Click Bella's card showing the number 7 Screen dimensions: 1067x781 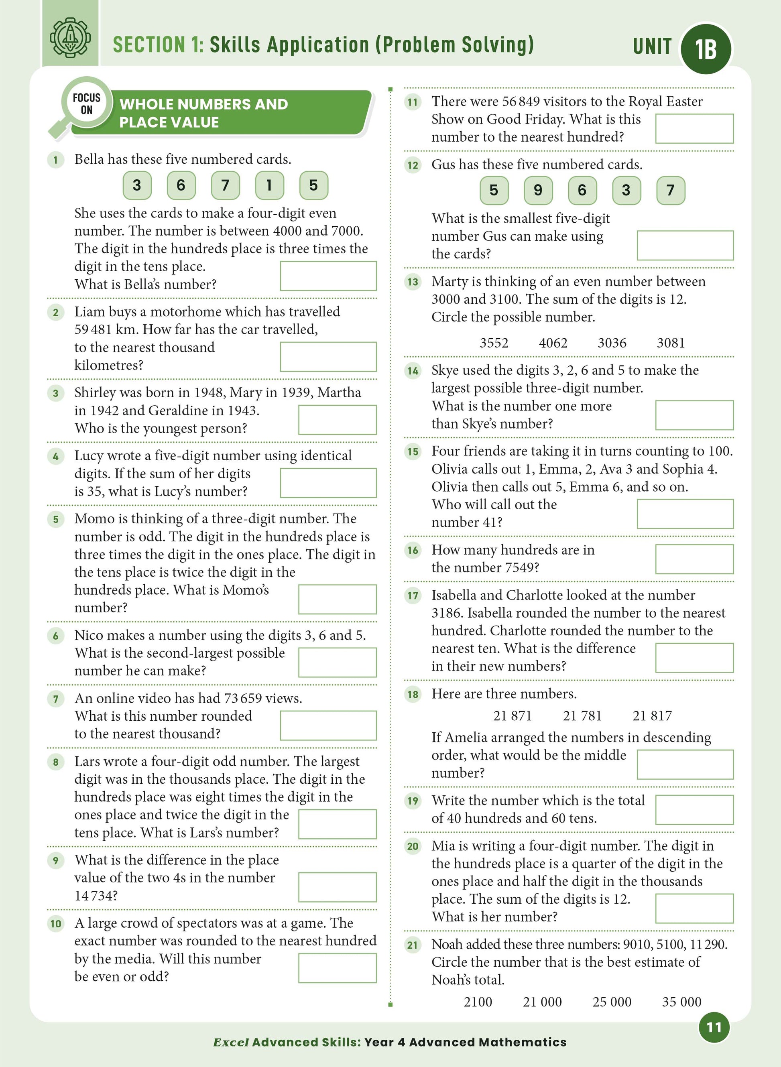tap(225, 185)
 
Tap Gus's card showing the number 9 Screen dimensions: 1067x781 tap(538, 190)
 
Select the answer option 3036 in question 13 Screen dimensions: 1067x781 tap(612, 343)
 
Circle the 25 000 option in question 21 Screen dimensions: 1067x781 tap(612, 1002)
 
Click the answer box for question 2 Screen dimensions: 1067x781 tap(328, 357)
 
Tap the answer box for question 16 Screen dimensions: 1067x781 tap(694, 559)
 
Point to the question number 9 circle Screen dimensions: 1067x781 tap(56, 860)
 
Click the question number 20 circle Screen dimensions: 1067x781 tap(413, 846)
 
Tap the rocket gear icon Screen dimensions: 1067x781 tap(71, 38)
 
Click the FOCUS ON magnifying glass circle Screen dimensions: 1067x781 tap(87, 103)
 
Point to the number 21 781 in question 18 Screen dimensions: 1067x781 tap(582, 716)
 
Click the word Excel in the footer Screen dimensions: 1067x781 tap(231, 1042)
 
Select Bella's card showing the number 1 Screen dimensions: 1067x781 tap(269, 185)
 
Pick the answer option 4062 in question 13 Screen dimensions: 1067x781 tap(553, 343)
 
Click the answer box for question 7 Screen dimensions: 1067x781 tap(328, 726)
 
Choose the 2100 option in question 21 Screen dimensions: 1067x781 tap(478, 1002)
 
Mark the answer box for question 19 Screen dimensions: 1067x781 tap(694, 809)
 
